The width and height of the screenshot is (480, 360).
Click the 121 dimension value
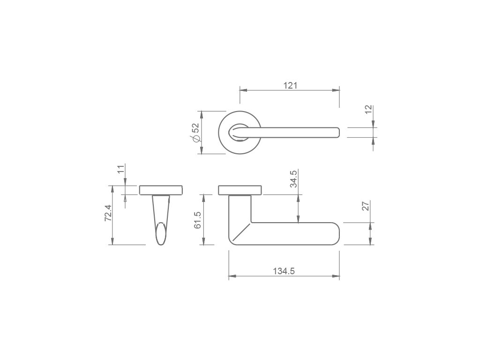[290, 85]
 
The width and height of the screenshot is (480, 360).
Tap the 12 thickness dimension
[368, 109]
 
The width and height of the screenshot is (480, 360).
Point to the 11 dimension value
[121, 169]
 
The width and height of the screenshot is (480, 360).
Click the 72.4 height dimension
[109, 213]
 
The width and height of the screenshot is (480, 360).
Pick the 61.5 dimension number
[197, 220]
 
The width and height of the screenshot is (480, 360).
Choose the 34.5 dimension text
[293, 179]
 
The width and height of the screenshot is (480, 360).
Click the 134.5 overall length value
[284, 271]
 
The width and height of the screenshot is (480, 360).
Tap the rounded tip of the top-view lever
[337, 133]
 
